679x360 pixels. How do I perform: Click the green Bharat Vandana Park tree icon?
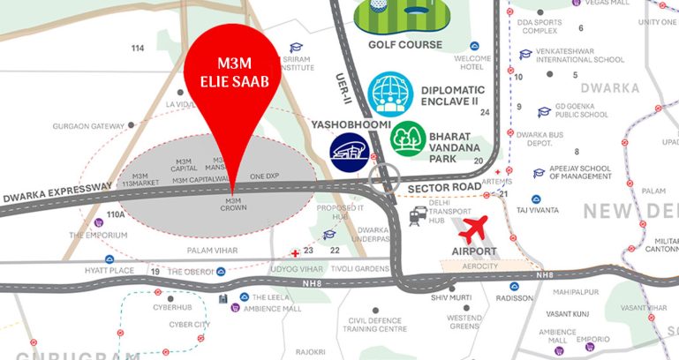[410, 139]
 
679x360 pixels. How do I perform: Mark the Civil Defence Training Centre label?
[377, 325]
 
